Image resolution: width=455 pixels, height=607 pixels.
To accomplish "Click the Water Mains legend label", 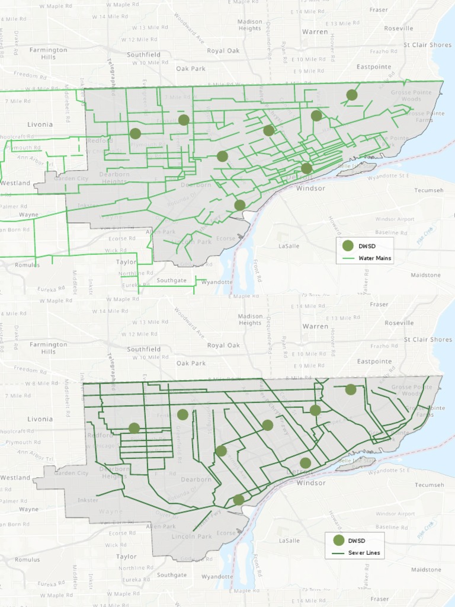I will (374, 258).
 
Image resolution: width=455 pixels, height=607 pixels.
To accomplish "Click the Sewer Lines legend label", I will (364, 552).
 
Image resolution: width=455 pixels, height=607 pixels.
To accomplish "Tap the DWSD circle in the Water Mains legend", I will (348, 245).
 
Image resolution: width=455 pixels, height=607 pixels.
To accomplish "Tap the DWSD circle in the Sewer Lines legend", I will (338, 540).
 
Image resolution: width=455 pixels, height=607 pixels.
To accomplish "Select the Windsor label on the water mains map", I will (311, 189).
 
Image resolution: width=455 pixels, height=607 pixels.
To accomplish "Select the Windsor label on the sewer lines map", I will (311, 483).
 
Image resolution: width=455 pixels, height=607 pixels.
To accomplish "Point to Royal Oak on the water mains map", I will (223, 51).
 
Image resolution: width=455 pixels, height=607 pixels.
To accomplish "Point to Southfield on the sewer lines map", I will (143, 349).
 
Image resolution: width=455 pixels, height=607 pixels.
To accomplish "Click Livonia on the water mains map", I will (40, 124).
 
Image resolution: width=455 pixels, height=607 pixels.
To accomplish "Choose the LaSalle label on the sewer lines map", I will (289, 541).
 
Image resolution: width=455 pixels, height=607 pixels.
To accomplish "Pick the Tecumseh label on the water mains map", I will (429, 190).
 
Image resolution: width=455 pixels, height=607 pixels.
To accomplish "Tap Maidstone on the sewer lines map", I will (425, 570).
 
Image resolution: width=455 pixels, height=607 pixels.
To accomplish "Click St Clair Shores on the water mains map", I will (427, 45).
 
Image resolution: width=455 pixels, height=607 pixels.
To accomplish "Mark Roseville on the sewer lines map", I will (398, 323).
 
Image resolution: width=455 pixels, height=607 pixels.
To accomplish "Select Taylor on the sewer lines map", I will (126, 557).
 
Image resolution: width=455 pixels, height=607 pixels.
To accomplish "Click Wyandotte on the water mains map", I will (217, 282).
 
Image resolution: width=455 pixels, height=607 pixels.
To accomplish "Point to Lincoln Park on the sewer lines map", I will (191, 536).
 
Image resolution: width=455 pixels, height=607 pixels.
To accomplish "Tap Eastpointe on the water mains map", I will (374, 67).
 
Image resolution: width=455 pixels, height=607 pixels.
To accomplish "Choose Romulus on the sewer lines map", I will (27, 560).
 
